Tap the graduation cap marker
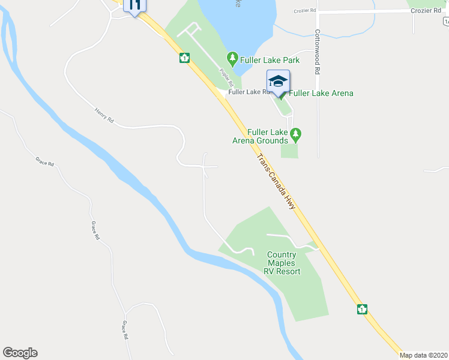[278, 82]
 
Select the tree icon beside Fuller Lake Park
[232, 59]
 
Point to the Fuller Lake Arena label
[321, 93]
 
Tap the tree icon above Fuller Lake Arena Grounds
[295, 133]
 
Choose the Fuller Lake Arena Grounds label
[261, 137]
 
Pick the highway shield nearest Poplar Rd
[184, 58]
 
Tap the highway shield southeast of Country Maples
[362, 309]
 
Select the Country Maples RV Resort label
[282, 263]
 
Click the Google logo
[20, 353]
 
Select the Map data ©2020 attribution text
[424, 355]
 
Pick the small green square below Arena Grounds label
[289, 151]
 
